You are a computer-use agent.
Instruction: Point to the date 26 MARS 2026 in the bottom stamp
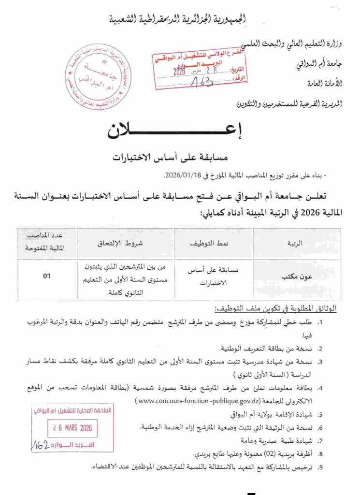(x=73, y=428)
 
